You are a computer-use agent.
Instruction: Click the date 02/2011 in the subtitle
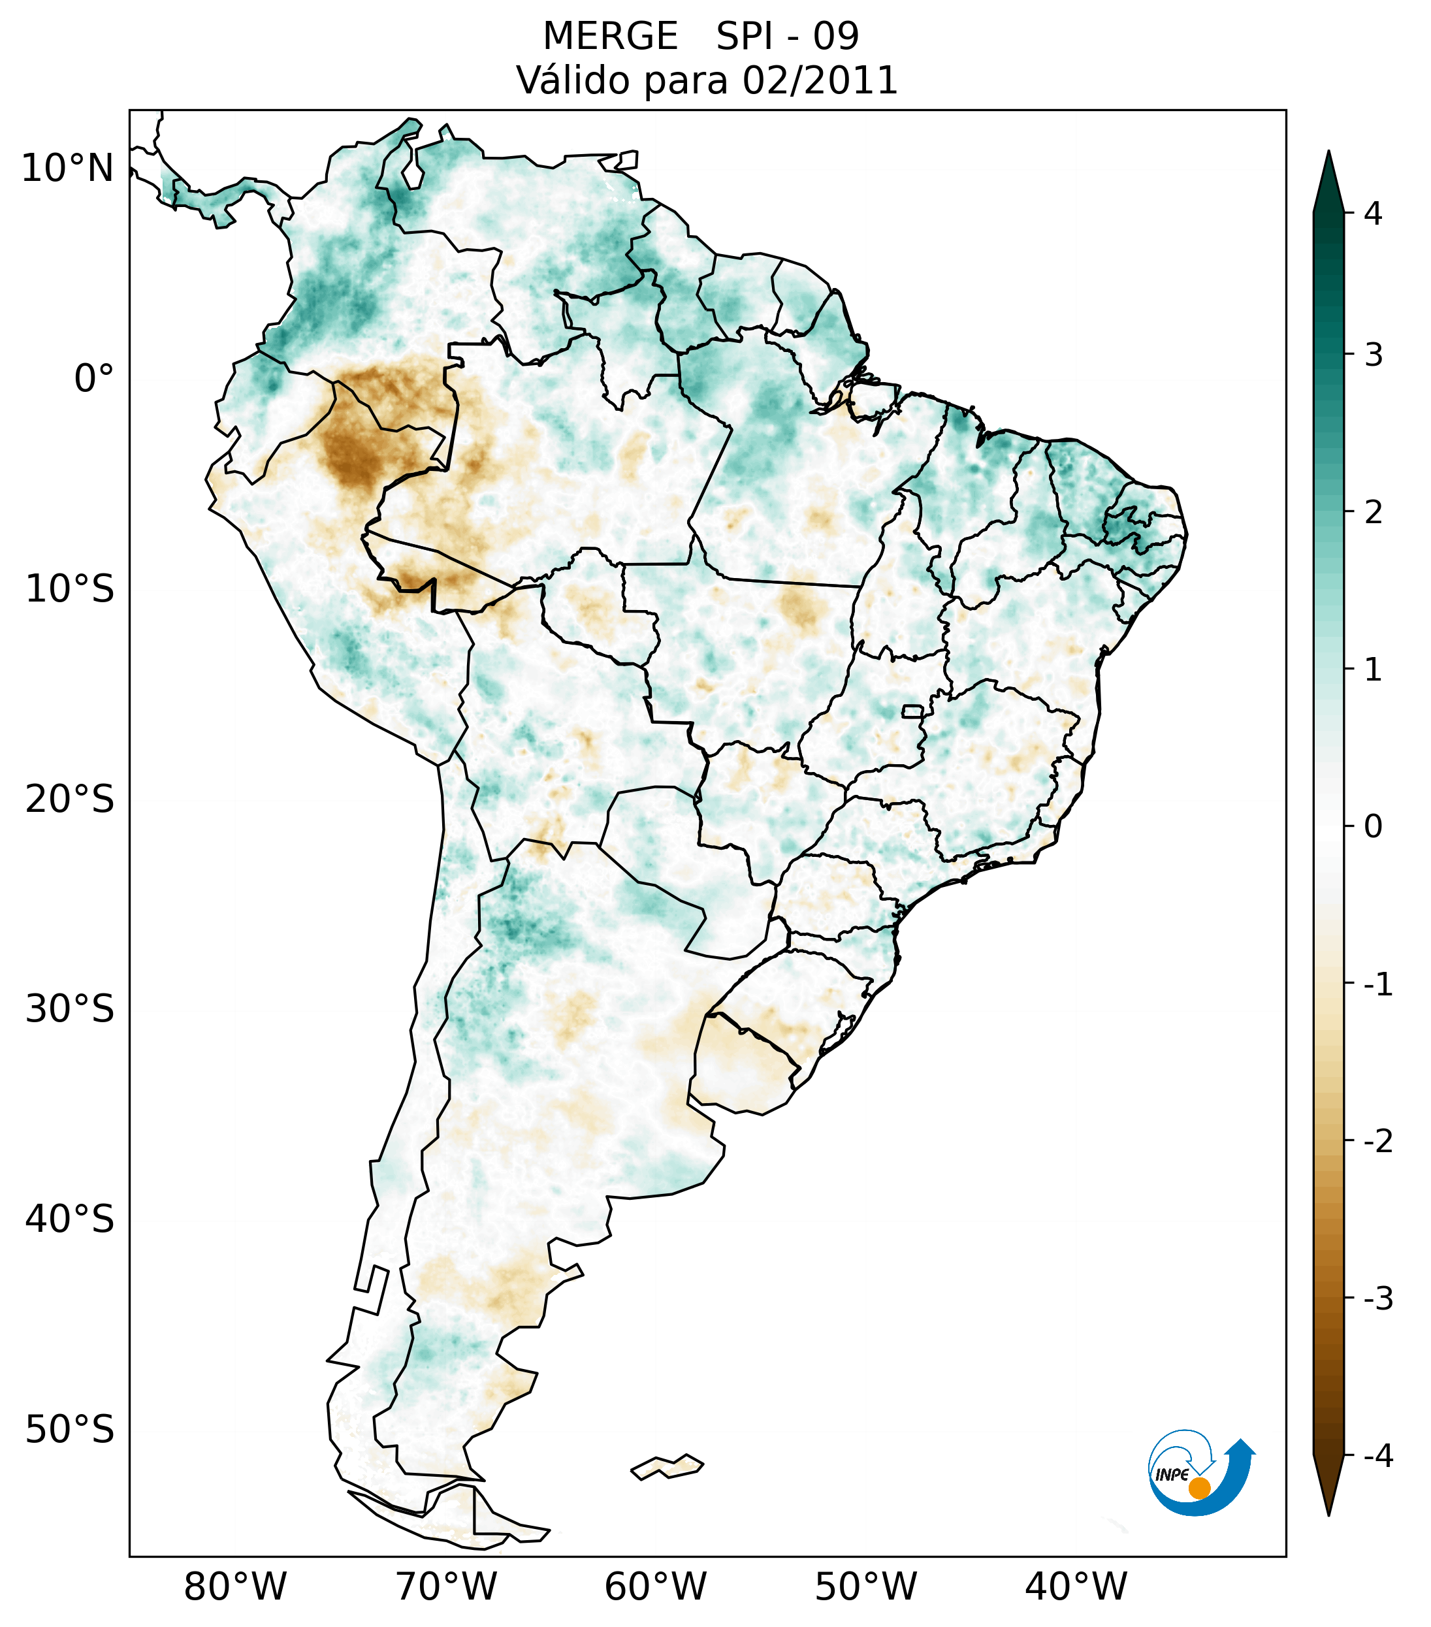point(820,81)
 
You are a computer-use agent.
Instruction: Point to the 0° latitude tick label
point(94,379)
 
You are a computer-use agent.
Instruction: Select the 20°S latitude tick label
point(70,799)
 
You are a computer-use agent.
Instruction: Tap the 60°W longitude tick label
point(655,1587)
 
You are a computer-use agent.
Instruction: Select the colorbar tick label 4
point(1373,214)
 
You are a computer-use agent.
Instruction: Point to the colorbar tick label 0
point(1373,827)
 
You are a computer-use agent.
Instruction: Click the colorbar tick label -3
point(1377,1299)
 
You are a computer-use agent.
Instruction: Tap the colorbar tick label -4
point(1377,1457)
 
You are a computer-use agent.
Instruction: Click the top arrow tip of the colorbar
point(1328,153)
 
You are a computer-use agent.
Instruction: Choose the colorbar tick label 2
point(1373,513)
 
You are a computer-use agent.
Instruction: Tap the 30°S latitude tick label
point(70,1009)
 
